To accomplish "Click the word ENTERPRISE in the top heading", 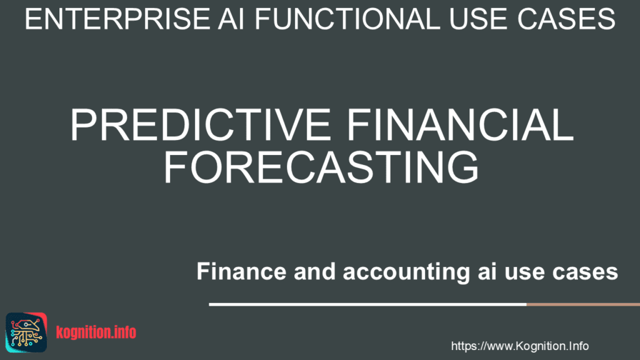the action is pos(117,19).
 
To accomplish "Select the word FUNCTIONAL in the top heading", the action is pos(347,19).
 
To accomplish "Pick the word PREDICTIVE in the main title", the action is pos(201,125).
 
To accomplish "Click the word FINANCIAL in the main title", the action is pos(460,125).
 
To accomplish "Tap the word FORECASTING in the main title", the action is pos(321,167).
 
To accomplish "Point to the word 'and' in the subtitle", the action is pos(315,271).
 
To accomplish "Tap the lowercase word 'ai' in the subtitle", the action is pos(487,271).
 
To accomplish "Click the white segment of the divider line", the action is pos(367,304).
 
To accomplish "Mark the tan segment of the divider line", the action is pos(583,304).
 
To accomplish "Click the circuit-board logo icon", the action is pos(26,332).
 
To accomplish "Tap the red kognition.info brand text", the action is pos(96,332).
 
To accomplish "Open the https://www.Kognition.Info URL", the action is pos(519,346).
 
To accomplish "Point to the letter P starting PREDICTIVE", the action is pos(83,125).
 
